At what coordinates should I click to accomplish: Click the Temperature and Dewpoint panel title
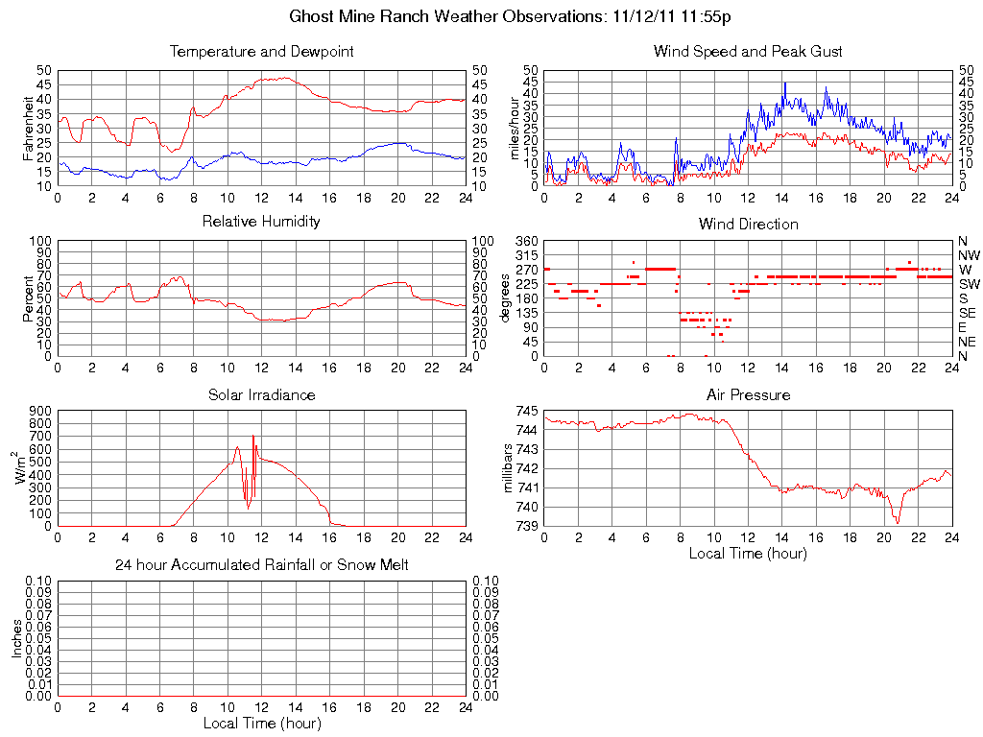click(x=261, y=52)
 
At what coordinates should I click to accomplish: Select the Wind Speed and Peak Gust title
click(x=748, y=52)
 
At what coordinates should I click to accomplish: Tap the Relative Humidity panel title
click(x=261, y=222)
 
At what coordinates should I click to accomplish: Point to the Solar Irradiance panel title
click(x=261, y=394)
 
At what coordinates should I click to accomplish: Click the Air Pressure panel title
click(x=748, y=394)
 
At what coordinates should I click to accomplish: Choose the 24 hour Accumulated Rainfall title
click(x=261, y=565)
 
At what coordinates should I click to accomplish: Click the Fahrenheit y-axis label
click(x=28, y=128)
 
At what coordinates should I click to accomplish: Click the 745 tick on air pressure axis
click(x=526, y=411)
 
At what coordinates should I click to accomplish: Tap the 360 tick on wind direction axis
click(x=526, y=240)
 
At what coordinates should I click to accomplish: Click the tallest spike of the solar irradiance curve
click(x=253, y=437)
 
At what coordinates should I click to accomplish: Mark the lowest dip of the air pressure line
click(x=898, y=521)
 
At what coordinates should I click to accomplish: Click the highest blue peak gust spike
click(x=784, y=83)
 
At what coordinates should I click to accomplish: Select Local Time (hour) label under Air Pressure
click(x=748, y=553)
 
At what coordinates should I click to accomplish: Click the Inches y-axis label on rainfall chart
click(x=17, y=639)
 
